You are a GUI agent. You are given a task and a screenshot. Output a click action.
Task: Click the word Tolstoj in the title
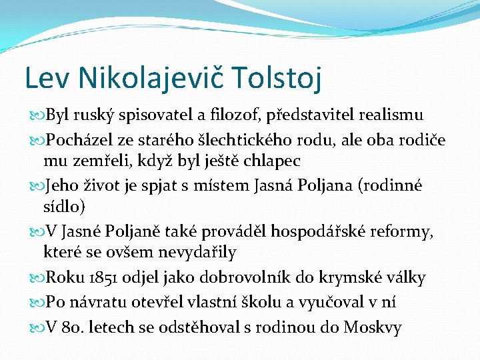point(279,77)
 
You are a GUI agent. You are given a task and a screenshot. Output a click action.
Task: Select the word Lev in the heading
point(45,77)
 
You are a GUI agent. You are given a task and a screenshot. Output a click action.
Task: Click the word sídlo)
point(64,207)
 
